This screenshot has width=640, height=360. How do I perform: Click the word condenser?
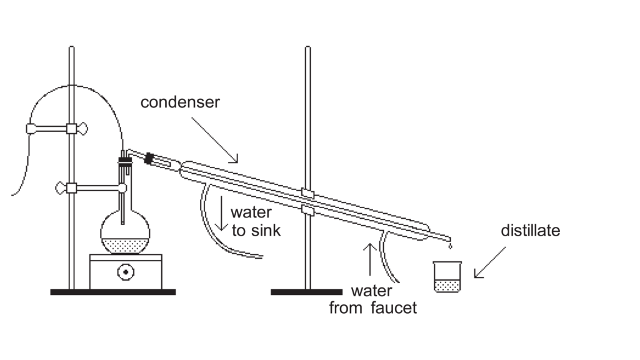pos(180,102)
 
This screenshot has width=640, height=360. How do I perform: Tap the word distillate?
pos(530,231)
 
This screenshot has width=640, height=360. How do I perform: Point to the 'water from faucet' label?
pos(372,299)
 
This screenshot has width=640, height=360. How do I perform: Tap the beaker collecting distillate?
pos(447,277)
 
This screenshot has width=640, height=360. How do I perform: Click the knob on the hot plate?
pos(126,272)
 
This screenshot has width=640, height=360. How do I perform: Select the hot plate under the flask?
pos(126,271)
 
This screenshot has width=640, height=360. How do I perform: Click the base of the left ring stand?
pos(112,292)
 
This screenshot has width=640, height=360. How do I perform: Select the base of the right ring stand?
pos(307,292)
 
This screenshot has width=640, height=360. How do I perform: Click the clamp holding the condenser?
pos(306,201)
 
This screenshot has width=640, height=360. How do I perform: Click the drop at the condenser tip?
pos(450,247)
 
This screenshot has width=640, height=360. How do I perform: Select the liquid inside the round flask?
pos(126,244)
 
